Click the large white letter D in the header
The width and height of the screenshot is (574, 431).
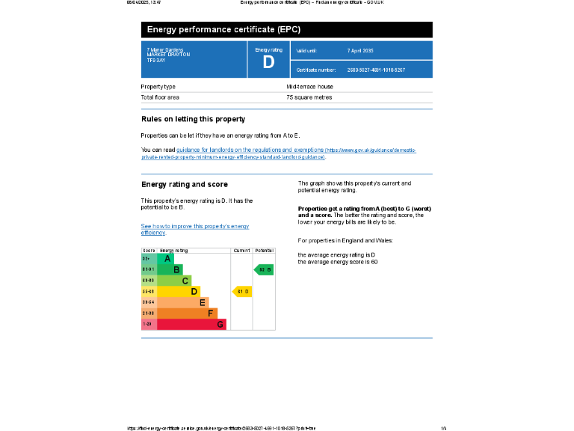pos(269,63)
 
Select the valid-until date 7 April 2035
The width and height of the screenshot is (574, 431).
pos(359,50)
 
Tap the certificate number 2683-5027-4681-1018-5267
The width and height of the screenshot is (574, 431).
pos(376,70)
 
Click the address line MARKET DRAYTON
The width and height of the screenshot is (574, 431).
pos(168,55)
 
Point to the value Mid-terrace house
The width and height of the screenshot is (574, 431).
pos(309,87)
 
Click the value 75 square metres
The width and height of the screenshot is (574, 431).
pos(309,97)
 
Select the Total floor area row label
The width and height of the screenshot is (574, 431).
pos(160,97)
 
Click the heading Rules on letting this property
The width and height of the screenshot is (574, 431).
pos(193,119)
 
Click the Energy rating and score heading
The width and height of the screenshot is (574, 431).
pos(185,184)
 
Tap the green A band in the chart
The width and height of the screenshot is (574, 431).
pos(166,258)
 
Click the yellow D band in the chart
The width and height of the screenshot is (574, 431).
pos(179,291)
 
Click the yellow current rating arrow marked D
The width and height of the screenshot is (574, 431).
pos(242,291)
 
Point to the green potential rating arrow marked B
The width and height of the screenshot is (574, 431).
pos(264,269)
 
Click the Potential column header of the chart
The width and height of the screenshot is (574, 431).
pos(264,251)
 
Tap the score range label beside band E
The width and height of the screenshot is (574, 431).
pos(148,302)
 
